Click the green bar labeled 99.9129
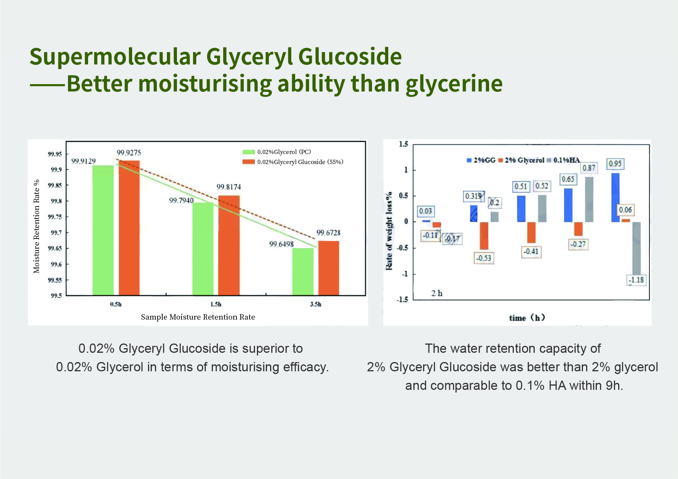click(x=103, y=230)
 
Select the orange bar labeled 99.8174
click(x=229, y=245)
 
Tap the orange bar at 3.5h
click(x=328, y=268)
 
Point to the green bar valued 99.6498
click(x=302, y=271)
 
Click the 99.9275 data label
click(x=129, y=153)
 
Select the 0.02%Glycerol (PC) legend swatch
click(x=248, y=152)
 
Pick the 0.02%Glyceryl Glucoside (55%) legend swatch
click(x=248, y=162)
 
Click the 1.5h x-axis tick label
click(x=216, y=304)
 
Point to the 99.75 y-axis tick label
click(x=54, y=217)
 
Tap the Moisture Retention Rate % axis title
click(x=37, y=226)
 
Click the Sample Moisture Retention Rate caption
click(x=198, y=317)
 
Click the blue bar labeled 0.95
click(x=615, y=197)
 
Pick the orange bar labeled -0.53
click(x=484, y=235)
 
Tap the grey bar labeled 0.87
click(x=589, y=199)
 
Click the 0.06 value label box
click(x=625, y=210)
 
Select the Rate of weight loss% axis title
click(x=389, y=231)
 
